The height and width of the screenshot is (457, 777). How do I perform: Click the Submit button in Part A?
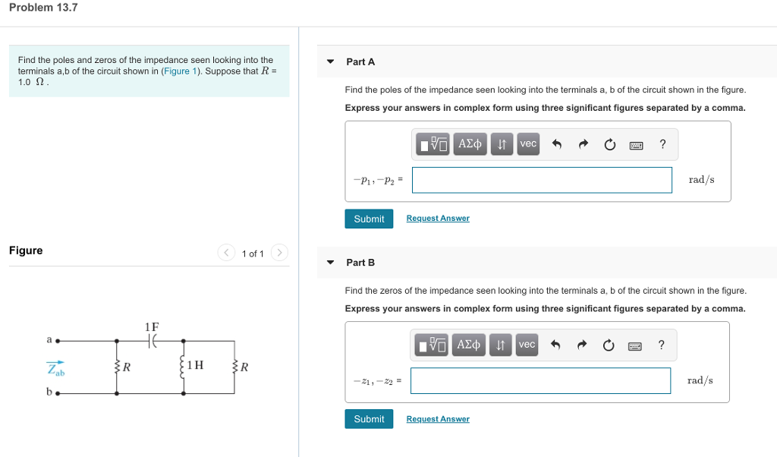pyautogui.click(x=369, y=219)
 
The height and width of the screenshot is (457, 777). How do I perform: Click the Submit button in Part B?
pyautogui.click(x=369, y=419)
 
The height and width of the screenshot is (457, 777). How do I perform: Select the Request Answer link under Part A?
pyautogui.click(x=438, y=219)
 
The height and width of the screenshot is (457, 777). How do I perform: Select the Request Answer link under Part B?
pyautogui.click(x=438, y=419)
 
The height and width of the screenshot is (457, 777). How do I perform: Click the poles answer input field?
pyautogui.click(x=542, y=180)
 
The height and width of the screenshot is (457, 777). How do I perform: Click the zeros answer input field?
pyautogui.click(x=540, y=381)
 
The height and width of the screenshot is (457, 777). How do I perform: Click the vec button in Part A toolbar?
pyautogui.click(x=527, y=143)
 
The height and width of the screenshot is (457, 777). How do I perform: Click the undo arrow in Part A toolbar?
pyautogui.click(x=556, y=144)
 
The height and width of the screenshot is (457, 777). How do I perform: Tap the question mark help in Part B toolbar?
pyautogui.click(x=662, y=345)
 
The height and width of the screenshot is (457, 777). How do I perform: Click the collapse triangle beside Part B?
pyautogui.click(x=330, y=263)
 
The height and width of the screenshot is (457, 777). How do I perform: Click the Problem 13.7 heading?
pyautogui.click(x=44, y=8)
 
